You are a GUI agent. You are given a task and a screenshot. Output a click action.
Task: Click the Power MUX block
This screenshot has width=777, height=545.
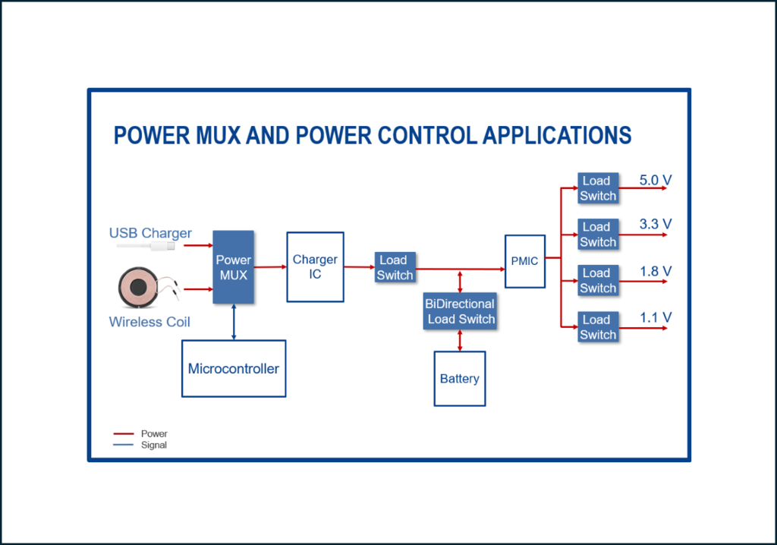(233, 267)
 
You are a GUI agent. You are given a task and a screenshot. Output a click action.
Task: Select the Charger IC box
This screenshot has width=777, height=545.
(315, 267)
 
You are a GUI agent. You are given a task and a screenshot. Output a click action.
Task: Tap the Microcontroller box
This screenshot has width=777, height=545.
(234, 369)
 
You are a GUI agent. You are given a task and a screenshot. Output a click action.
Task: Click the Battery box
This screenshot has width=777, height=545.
(459, 379)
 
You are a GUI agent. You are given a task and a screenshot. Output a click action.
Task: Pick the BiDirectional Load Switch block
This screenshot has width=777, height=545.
(460, 311)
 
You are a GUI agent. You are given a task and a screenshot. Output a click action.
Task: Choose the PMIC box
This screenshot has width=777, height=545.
(524, 261)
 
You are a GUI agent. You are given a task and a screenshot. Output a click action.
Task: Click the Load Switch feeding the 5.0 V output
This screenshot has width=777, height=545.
(598, 188)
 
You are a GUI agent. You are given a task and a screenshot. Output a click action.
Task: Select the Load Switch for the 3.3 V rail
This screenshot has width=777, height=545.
(598, 235)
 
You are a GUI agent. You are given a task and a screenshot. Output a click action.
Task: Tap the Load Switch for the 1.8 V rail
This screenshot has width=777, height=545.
(598, 281)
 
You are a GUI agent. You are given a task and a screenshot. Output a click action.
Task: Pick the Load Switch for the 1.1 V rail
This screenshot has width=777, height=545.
(598, 327)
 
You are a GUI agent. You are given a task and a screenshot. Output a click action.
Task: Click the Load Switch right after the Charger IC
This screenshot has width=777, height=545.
(395, 268)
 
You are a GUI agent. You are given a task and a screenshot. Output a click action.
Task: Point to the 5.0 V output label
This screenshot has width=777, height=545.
(656, 181)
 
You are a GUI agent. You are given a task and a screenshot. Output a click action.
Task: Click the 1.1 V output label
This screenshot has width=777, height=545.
(656, 317)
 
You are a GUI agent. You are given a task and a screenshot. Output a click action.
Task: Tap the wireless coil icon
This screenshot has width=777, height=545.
(139, 288)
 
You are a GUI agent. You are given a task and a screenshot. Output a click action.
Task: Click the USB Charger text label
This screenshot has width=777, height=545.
(150, 233)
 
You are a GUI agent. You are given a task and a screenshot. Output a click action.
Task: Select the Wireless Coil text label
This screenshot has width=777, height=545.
(149, 322)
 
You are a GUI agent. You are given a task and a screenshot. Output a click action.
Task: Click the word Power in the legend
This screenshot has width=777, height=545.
(154, 434)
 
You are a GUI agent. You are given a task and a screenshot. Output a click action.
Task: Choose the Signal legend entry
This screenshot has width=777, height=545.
(154, 445)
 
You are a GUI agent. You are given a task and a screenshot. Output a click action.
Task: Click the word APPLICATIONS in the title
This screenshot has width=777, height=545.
(557, 135)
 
